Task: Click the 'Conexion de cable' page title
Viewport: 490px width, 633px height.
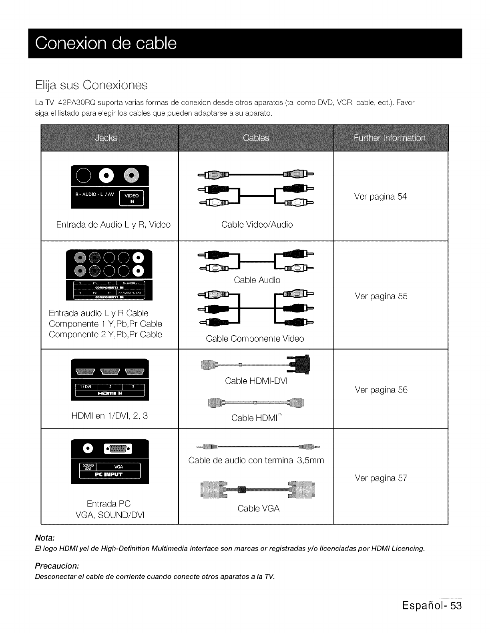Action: [106, 43]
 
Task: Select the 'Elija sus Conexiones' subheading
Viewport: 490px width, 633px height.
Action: [91, 85]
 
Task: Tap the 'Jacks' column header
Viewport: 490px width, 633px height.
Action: [106, 138]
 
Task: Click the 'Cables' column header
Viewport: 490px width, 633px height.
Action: [256, 138]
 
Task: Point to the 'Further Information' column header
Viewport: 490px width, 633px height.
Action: [390, 138]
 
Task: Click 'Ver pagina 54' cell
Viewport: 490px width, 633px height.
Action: [380, 196]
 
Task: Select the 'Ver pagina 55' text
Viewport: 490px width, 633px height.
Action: [381, 296]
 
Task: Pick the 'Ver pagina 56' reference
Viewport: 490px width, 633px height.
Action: [381, 390]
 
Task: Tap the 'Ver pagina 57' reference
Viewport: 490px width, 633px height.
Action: [381, 478]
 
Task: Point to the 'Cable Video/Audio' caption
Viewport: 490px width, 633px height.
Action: [257, 224]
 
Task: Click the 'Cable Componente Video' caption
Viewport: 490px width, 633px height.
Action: [255, 339]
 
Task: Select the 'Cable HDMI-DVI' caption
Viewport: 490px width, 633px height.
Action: [256, 381]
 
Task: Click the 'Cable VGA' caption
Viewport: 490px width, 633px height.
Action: [258, 509]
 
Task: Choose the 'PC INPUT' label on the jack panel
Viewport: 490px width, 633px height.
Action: [110, 475]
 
